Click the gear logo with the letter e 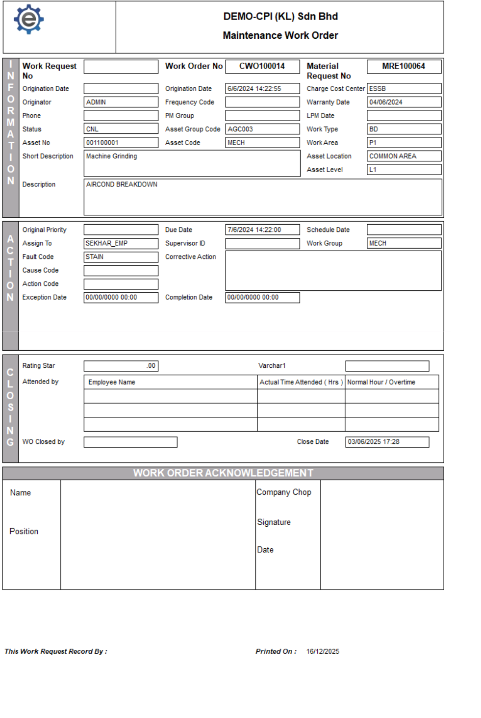pyautogui.click(x=29, y=20)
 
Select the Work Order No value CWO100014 pyautogui.click(x=262, y=66)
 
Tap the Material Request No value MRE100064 pyautogui.click(x=404, y=66)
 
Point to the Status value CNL pyautogui.click(x=93, y=129)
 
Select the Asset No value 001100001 pyautogui.click(x=102, y=143)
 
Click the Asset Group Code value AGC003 pyautogui.click(x=240, y=129)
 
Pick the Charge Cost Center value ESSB pyautogui.click(x=378, y=89)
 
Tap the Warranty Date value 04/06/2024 pyautogui.click(x=386, y=102)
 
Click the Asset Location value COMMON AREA pyautogui.click(x=393, y=156)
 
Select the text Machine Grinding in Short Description pyautogui.click(x=112, y=156)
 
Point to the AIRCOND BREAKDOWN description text pyautogui.click(x=122, y=184)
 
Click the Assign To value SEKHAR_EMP pyautogui.click(x=106, y=243)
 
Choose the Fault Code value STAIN pyautogui.click(x=95, y=256)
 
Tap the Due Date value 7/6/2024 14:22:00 pyautogui.click(x=254, y=230)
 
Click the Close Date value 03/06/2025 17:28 pyautogui.click(x=374, y=442)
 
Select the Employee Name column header pyautogui.click(x=112, y=382)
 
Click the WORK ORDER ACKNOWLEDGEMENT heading pyautogui.click(x=223, y=473)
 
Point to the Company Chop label pyautogui.click(x=284, y=492)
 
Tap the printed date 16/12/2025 pyautogui.click(x=323, y=651)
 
